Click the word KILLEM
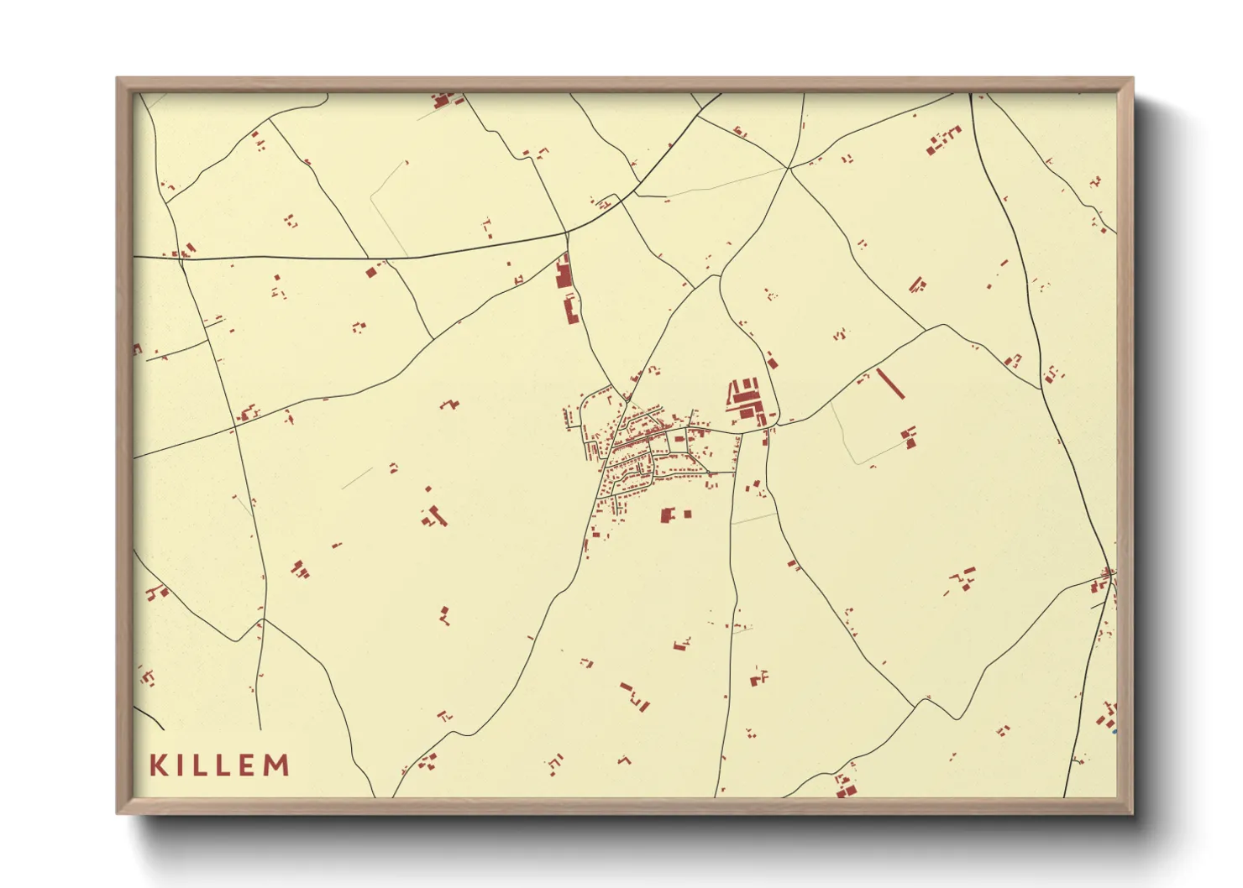point(220,765)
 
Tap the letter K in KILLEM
point(157,765)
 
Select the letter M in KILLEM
point(276,765)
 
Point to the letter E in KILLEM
point(249,765)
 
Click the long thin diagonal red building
point(890,382)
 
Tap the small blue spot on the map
point(1114,731)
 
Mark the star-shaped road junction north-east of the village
point(789,168)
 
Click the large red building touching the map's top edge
point(443,101)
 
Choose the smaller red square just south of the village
point(687,514)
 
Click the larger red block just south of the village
point(669,515)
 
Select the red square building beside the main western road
point(371,271)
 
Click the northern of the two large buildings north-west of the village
point(564,274)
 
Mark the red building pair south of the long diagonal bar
point(909,436)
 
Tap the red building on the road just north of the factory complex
point(772,362)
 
